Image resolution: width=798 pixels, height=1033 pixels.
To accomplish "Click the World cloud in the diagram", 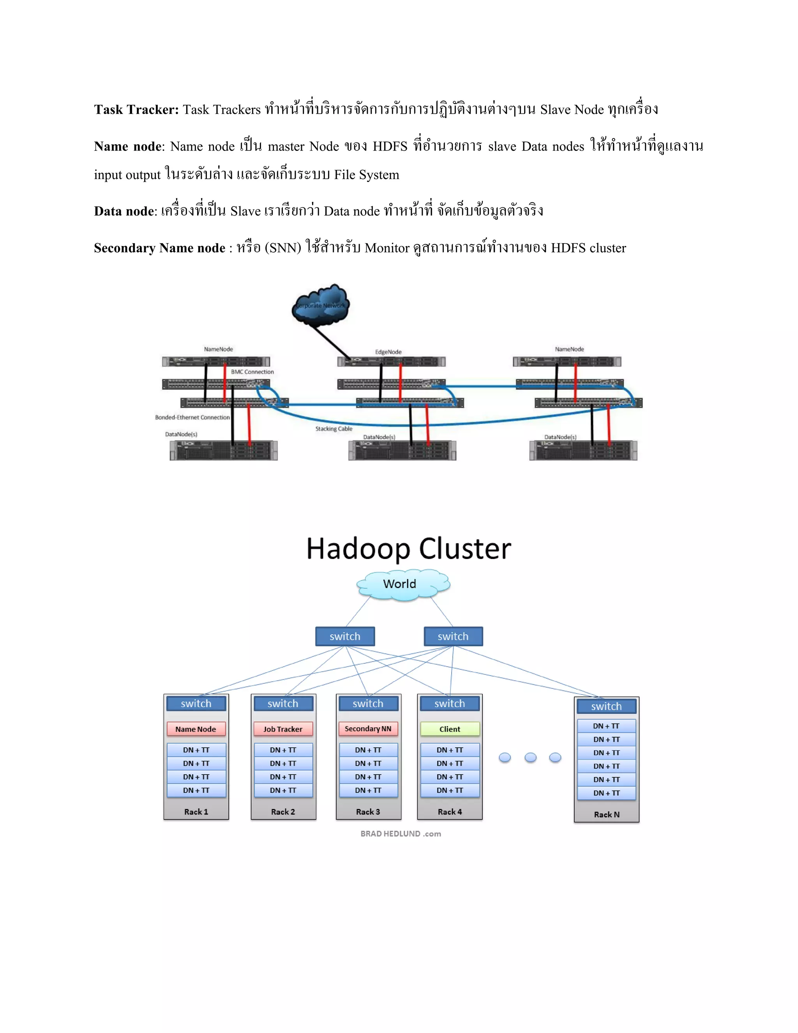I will tap(402, 585).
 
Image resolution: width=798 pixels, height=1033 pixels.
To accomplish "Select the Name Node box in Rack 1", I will tap(196, 729).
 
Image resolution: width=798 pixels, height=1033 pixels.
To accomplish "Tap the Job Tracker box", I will tap(283, 729).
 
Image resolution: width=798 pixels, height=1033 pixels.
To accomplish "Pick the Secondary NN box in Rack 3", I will tap(368, 729).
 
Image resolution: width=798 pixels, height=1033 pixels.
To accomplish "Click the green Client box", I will tap(450, 729).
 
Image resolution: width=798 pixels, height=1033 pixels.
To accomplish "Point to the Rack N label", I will tap(607, 814).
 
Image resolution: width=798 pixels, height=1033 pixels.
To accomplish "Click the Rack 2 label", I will tap(283, 812).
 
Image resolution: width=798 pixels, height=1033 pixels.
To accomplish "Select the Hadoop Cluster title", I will tap(408, 549).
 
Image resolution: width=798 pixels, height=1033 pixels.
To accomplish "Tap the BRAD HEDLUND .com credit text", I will tap(401, 833).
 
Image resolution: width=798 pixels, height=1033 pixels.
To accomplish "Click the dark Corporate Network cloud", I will tap(321, 306).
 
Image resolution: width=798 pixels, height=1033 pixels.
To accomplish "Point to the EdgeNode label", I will tap(388, 352).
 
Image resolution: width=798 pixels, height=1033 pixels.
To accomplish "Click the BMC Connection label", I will tap(252, 372).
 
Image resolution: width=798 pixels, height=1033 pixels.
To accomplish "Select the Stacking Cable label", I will tap(334, 428).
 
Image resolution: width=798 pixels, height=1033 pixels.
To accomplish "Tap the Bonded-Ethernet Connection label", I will tap(192, 417).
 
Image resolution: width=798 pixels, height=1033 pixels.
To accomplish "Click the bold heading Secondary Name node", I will tap(159, 248).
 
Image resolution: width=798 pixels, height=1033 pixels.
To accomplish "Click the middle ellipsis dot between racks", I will tap(530, 757).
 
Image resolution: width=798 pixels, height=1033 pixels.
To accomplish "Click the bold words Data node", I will tap(124, 211).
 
